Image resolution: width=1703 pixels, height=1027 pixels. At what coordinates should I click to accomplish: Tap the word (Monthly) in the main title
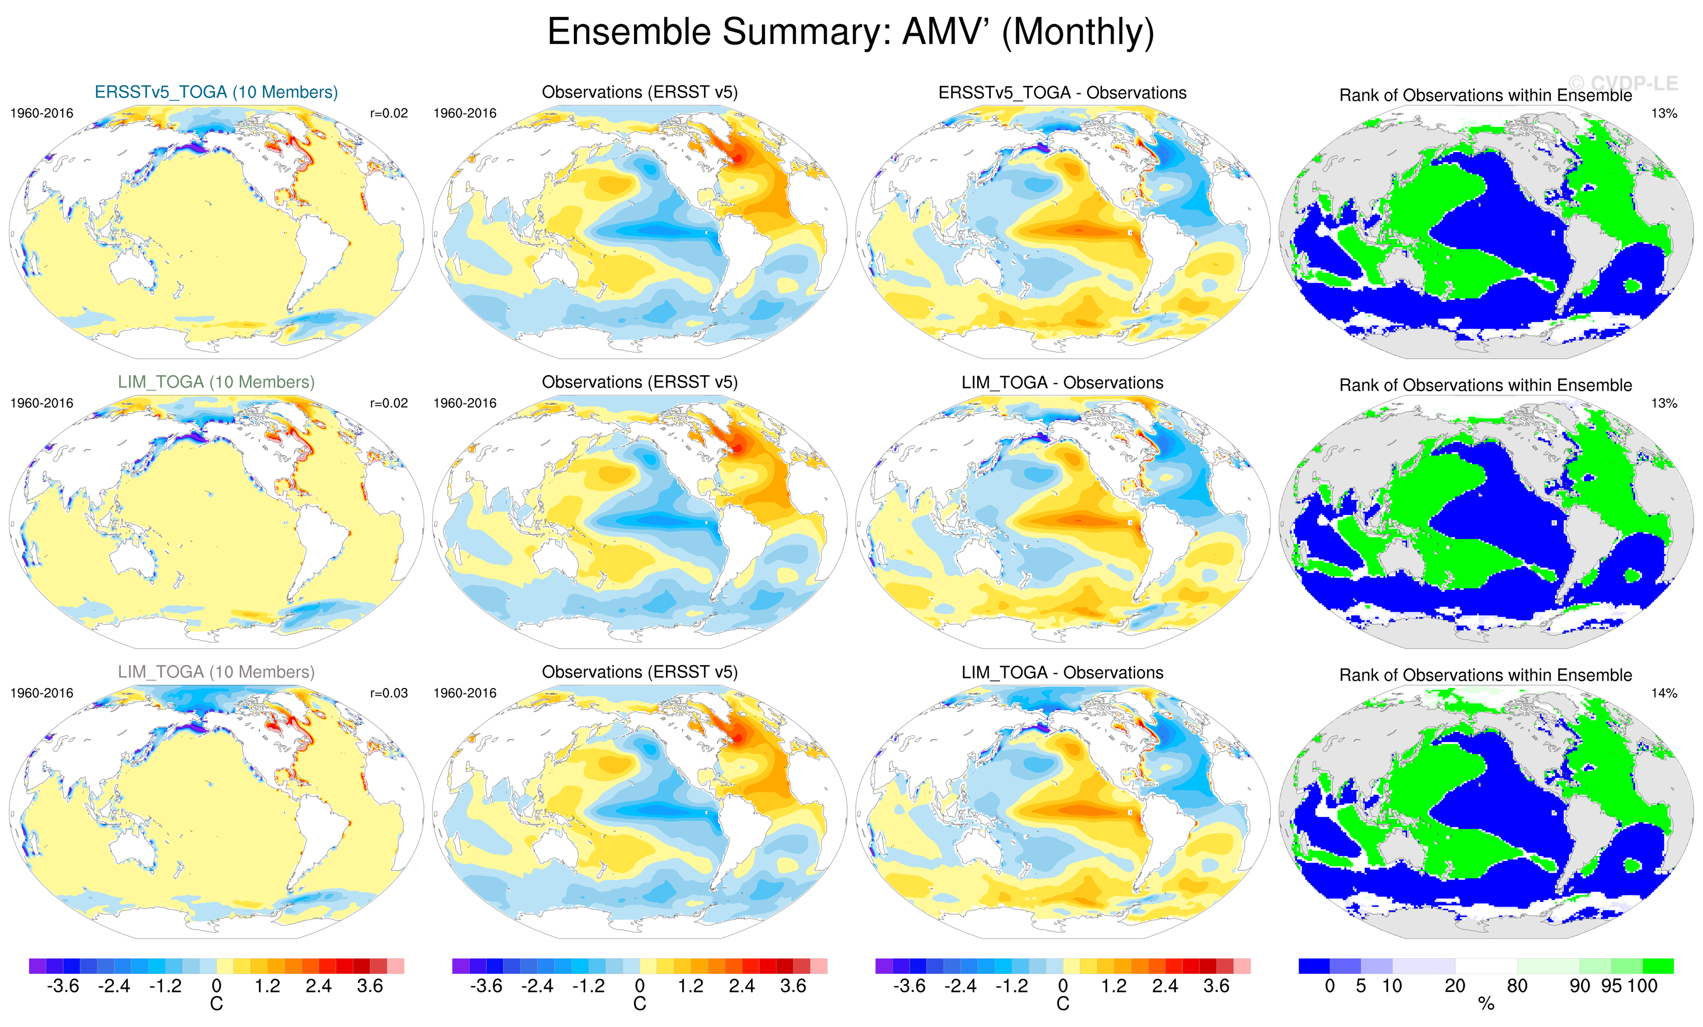click(x=1077, y=33)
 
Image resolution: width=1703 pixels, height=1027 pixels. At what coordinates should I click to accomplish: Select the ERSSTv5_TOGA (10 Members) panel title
click(x=216, y=92)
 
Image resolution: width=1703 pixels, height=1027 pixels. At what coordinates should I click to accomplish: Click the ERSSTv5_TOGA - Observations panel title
click(x=1062, y=93)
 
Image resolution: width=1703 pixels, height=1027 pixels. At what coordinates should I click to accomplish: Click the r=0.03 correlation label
click(x=389, y=693)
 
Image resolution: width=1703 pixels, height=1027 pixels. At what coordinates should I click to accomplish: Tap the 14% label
click(x=1663, y=693)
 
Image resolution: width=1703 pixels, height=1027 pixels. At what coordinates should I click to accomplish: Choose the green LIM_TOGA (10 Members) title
click(x=216, y=382)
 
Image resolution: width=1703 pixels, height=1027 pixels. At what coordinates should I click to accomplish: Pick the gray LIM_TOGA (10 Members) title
click(x=216, y=672)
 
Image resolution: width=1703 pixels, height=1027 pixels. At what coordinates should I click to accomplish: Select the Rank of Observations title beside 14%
click(x=1485, y=675)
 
